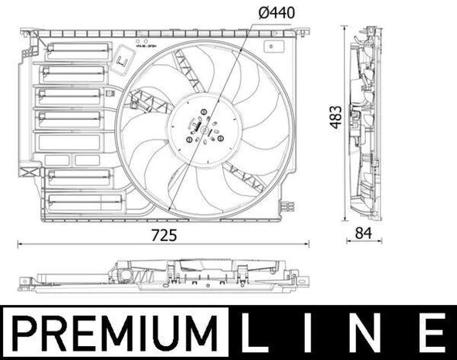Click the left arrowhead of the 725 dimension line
point(20,245)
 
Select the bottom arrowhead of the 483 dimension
point(345,222)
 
